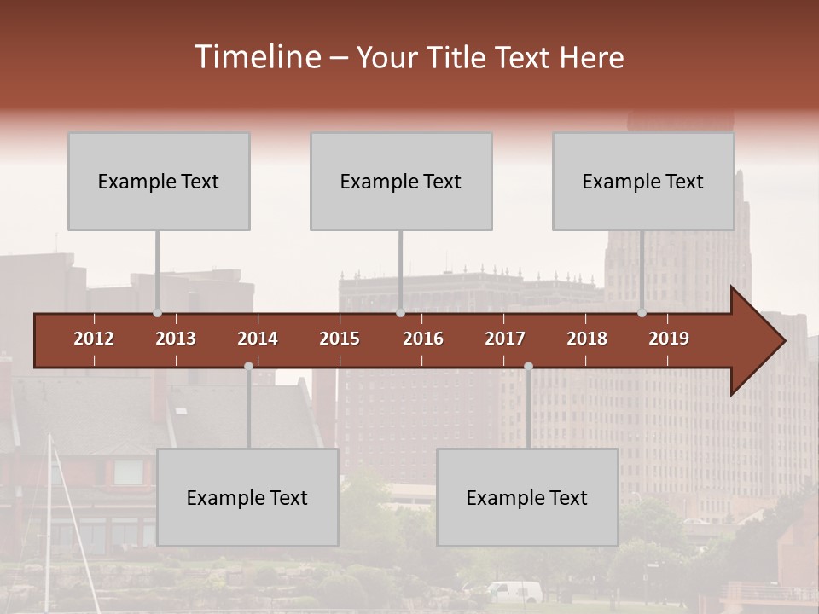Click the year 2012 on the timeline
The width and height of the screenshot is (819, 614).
(x=94, y=339)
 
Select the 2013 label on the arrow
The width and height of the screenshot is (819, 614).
(x=176, y=339)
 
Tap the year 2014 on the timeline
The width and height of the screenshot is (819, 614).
(x=258, y=339)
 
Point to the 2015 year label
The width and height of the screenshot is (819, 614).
(x=340, y=339)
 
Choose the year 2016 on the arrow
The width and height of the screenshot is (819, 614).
(x=423, y=339)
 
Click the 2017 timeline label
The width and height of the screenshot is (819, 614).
(x=505, y=339)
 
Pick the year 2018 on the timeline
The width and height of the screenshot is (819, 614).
(x=587, y=339)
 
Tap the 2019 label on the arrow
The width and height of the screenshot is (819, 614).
(x=669, y=339)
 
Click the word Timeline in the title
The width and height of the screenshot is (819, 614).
(x=256, y=57)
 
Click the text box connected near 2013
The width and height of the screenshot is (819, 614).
(x=159, y=181)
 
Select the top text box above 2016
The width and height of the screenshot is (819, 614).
(x=401, y=181)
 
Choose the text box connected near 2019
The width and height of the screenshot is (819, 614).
(x=643, y=181)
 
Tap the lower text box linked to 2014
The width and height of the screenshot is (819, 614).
(x=247, y=497)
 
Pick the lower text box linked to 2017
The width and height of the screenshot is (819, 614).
(x=527, y=497)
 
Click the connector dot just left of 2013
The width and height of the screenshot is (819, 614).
(x=157, y=313)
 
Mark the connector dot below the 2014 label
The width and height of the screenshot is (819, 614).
(x=248, y=366)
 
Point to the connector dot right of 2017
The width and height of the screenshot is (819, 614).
(x=528, y=366)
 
